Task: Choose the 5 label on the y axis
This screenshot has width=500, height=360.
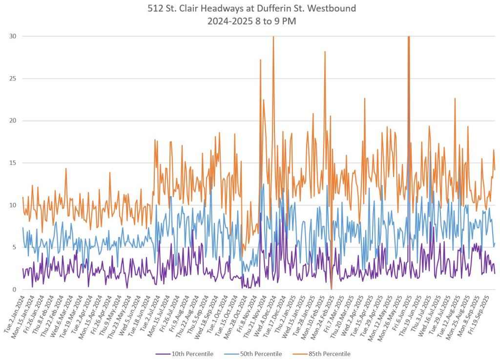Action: [14, 247]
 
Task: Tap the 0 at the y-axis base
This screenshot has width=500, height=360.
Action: [14, 289]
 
